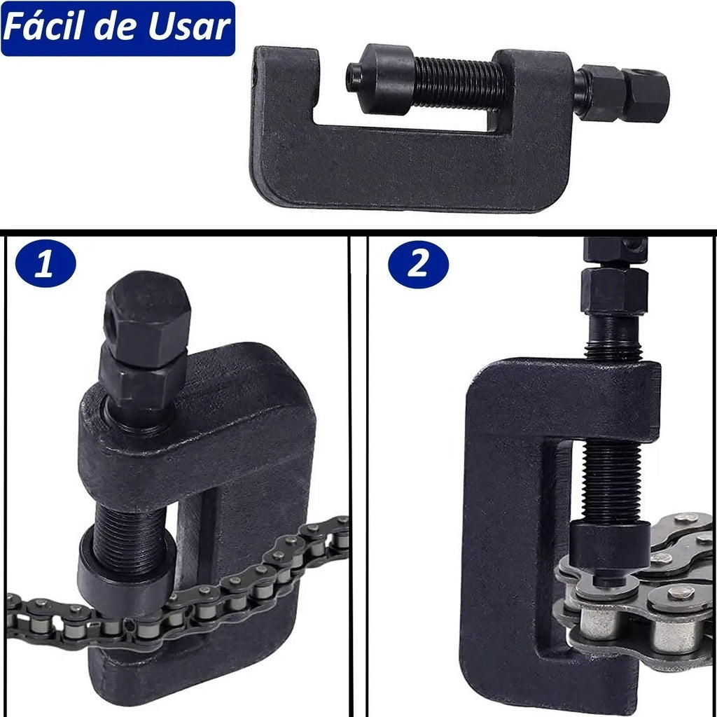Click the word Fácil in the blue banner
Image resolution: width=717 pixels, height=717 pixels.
click(x=44, y=27)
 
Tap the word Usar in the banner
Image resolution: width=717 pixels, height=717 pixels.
click(x=189, y=27)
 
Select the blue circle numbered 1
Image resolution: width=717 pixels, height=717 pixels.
click(x=46, y=263)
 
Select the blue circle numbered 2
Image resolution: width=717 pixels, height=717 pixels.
click(x=418, y=264)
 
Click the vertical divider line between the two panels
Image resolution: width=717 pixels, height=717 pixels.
click(x=350, y=475)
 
